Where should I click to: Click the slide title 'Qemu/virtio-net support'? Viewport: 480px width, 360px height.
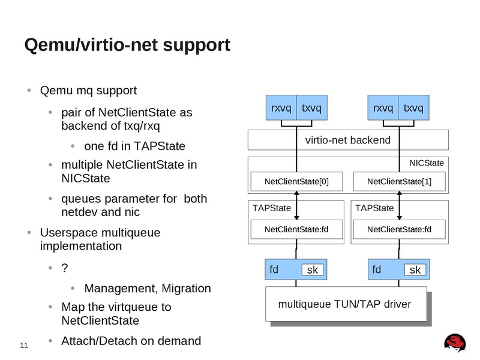tap(126, 45)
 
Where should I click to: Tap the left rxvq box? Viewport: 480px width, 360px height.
tap(281, 108)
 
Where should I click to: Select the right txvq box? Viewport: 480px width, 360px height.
tap(413, 108)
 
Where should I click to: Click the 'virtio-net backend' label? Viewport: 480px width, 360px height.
tap(348, 140)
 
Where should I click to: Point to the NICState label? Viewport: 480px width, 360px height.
tap(427, 163)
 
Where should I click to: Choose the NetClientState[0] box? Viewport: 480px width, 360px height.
tap(297, 181)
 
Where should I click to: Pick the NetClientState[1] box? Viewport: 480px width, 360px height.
tap(399, 181)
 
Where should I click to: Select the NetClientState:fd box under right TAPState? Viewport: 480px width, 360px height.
tap(399, 229)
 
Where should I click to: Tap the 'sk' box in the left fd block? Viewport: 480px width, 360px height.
tap(312, 270)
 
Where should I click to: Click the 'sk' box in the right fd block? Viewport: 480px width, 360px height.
tap(415, 270)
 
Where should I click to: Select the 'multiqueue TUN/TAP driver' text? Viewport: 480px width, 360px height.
tap(344, 304)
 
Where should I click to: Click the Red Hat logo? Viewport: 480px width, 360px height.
tap(456, 343)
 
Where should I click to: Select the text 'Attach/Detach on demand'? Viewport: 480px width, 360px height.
tap(131, 341)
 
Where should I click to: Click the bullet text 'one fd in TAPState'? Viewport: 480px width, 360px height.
tap(134, 146)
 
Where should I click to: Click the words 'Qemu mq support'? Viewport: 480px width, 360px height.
tap(88, 91)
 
